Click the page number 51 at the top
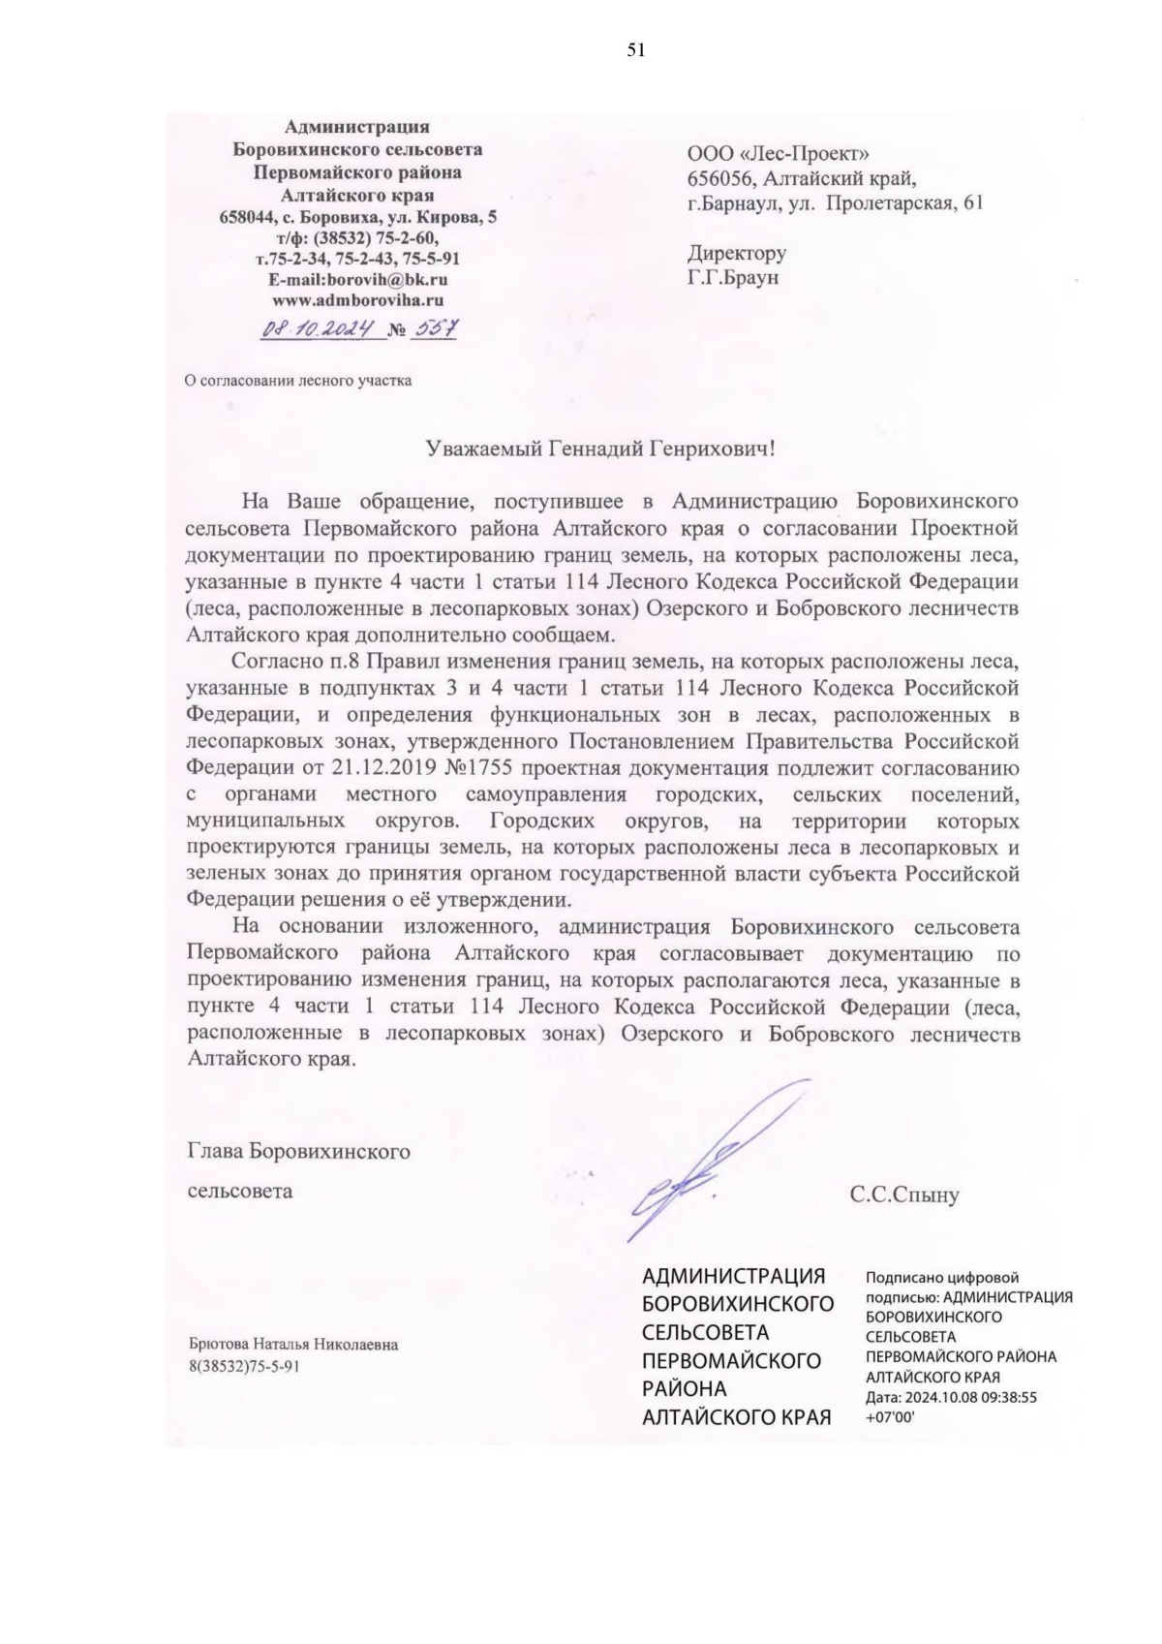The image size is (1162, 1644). click(636, 51)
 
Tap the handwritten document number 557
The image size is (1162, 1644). click(435, 328)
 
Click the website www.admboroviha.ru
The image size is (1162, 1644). click(357, 299)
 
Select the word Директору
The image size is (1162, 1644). click(736, 254)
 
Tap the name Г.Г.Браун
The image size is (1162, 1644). click(733, 278)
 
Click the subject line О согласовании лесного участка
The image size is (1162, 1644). click(298, 380)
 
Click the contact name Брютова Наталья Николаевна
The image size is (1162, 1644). click(292, 1345)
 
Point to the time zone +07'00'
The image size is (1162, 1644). click(890, 1416)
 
